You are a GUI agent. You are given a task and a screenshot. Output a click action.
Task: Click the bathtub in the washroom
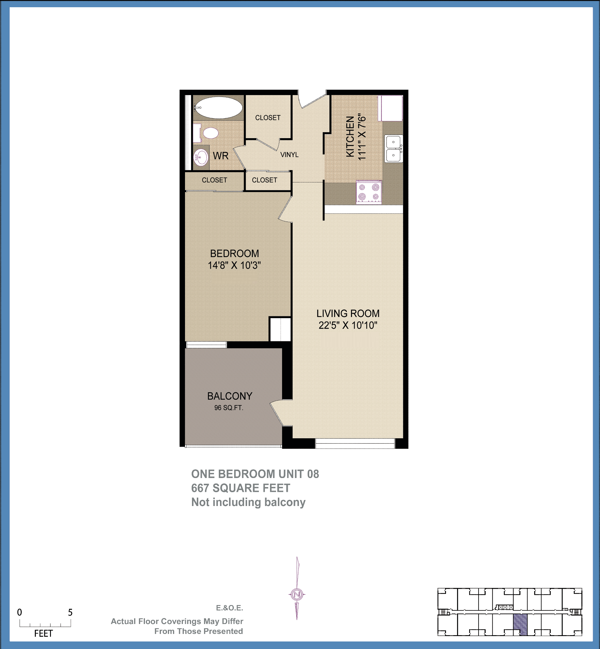(x=218, y=108)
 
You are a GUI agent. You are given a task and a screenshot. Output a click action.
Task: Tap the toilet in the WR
(x=210, y=133)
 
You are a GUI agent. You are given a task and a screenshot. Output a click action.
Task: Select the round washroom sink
(x=201, y=158)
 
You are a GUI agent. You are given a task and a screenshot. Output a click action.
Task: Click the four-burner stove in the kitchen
(x=369, y=192)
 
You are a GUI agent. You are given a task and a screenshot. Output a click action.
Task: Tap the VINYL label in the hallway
(x=289, y=155)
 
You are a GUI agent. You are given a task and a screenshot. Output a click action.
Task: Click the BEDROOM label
(x=234, y=253)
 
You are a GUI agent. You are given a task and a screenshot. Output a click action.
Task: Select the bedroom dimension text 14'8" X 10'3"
(x=234, y=265)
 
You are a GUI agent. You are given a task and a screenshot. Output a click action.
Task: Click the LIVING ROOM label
(x=348, y=313)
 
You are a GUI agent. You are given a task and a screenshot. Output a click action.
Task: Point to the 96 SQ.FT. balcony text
(x=228, y=408)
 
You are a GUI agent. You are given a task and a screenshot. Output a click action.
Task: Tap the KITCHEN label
(x=350, y=137)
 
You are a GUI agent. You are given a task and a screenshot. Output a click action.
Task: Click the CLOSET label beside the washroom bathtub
(x=268, y=118)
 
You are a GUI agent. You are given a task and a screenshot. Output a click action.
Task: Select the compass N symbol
(x=297, y=595)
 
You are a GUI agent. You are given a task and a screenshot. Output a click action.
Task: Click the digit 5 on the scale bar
(x=70, y=612)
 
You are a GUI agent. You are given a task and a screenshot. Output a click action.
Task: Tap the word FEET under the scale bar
(x=43, y=633)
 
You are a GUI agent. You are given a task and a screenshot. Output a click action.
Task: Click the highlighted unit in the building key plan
(x=520, y=624)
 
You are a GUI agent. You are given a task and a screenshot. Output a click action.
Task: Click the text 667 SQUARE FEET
(x=240, y=488)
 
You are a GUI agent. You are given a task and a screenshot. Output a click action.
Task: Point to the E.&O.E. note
(x=229, y=608)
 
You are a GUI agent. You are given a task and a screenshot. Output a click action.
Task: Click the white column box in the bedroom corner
(x=280, y=329)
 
